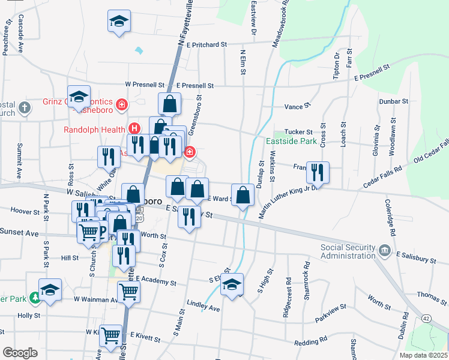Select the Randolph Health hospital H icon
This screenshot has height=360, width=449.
tap(134, 128)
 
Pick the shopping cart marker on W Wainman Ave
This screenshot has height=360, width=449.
tap(128, 292)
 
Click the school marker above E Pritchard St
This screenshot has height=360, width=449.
tap(119, 20)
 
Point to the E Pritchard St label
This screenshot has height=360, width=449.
tap(206, 44)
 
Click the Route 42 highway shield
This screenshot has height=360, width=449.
tap(426, 317)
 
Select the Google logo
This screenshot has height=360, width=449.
tap(20, 353)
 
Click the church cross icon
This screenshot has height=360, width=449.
tap(23, 108)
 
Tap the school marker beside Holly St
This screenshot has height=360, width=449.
tap(50, 289)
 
